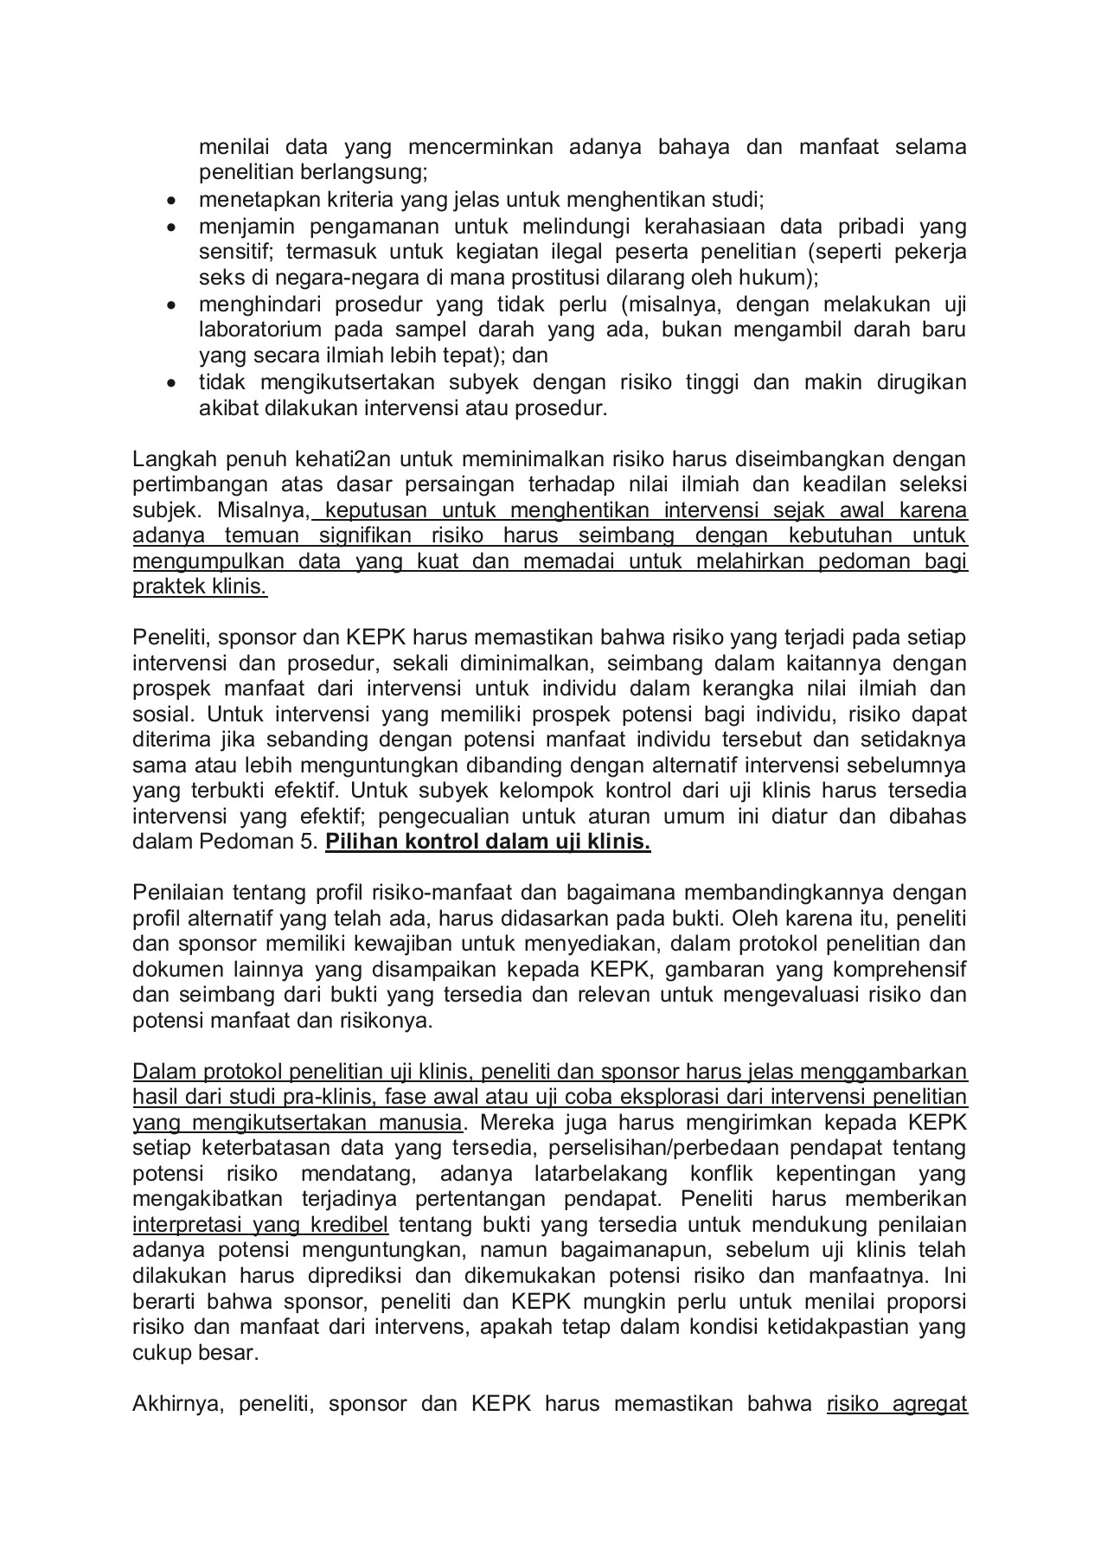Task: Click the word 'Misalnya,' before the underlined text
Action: pos(264,509)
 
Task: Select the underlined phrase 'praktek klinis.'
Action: pos(200,586)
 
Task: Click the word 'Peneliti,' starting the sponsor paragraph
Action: pos(171,638)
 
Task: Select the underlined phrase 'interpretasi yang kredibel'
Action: pos(260,1226)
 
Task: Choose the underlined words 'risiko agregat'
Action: pos(897,1404)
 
